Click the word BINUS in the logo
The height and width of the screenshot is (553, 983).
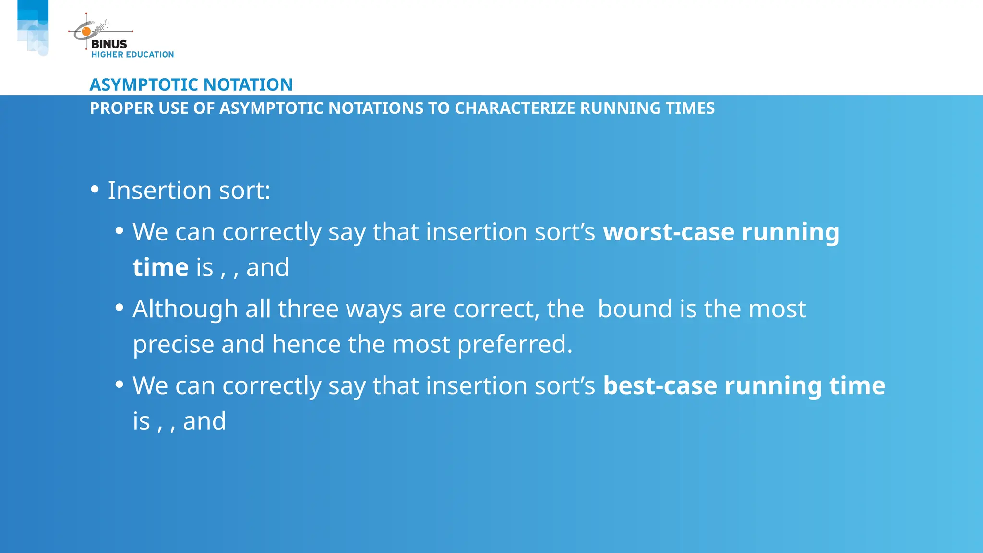pyautogui.click(x=109, y=44)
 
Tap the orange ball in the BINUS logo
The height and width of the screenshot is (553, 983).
pyautogui.click(x=86, y=32)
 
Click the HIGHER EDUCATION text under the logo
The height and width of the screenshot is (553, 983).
pyautogui.click(x=132, y=55)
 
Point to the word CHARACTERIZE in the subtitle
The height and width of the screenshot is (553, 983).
pyautogui.click(x=515, y=108)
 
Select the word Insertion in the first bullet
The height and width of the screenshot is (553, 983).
pyautogui.click(x=159, y=191)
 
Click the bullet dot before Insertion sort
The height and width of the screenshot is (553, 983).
pyautogui.click(x=95, y=190)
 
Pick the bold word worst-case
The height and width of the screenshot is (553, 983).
pyautogui.click(x=669, y=232)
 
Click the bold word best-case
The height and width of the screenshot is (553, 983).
pyautogui.click(x=659, y=385)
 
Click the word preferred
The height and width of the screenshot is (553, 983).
pyautogui.click(x=515, y=344)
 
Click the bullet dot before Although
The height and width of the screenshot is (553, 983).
pyautogui.click(x=120, y=307)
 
